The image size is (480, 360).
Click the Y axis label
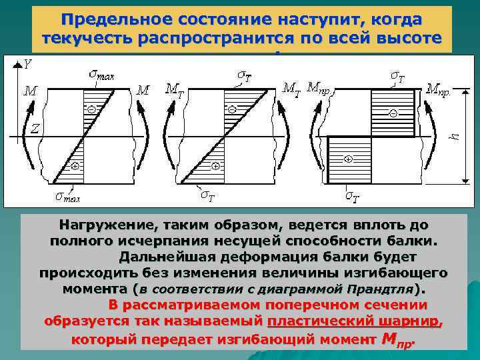click(28, 64)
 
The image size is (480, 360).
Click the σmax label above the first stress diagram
click(101, 75)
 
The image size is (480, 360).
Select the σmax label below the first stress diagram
click(67, 197)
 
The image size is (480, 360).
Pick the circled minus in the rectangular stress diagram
click(393, 114)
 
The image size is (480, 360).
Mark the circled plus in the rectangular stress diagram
click(348, 159)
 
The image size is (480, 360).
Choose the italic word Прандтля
click(379, 290)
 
